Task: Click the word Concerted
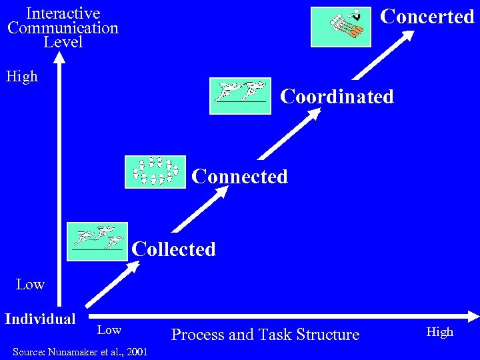[427, 17]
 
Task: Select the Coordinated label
[337, 97]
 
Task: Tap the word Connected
[239, 177]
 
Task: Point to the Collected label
[174, 249]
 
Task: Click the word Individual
[40, 319]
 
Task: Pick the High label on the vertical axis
[22, 77]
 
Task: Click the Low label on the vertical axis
[30, 285]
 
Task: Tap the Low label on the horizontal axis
[109, 330]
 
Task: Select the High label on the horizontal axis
[440, 331]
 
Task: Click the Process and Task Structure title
[265, 335]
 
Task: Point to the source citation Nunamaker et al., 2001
[80, 351]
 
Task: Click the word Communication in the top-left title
[63, 28]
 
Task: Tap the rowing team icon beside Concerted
[341, 27]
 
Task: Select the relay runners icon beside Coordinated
[240, 95]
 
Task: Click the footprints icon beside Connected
[155, 172]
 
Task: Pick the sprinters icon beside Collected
[97, 241]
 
